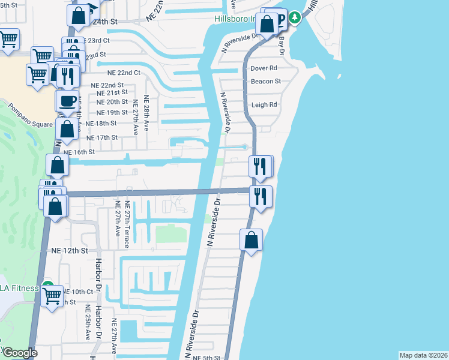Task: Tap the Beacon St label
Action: [x=266, y=82]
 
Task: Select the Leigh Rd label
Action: [x=264, y=104]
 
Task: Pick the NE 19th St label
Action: [x=112, y=112]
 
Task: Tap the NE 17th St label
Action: [x=102, y=137]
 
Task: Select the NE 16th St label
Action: [x=79, y=152]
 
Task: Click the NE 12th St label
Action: [x=70, y=250]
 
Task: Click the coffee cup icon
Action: [x=67, y=100]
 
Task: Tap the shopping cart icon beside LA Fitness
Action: [x=52, y=295]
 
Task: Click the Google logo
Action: [x=19, y=353]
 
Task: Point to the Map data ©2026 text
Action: [x=424, y=355]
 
